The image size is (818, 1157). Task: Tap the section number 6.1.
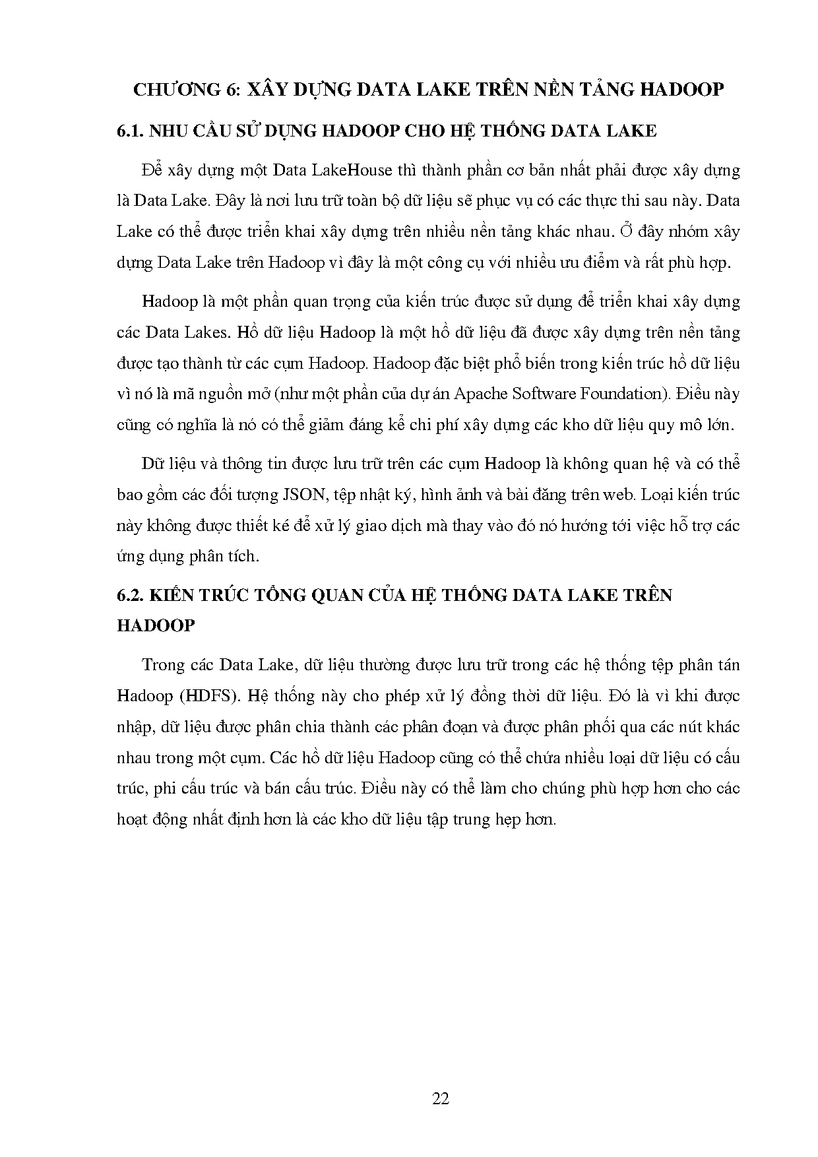tap(131, 131)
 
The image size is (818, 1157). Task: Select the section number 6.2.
tap(131, 595)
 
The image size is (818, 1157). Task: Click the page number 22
tap(441, 1098)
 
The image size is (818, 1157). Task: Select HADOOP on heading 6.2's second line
tap(156, 625)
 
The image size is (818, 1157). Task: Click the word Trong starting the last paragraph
tap(165, 665)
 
